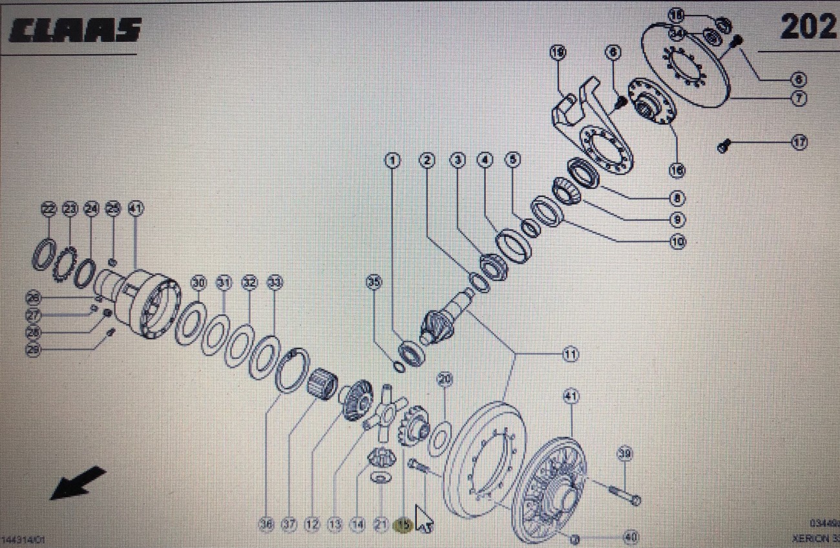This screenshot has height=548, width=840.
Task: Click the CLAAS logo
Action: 75,29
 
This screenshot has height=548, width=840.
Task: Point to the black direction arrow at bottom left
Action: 77,483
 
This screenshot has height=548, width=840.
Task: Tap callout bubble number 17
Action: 799,143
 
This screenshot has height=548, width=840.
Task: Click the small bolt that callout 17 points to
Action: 724,147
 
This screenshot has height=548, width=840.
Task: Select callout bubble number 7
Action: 799,98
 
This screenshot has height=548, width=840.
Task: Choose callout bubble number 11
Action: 570,354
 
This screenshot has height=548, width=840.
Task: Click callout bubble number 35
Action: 373,282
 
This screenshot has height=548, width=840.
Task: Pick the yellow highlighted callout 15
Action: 403,526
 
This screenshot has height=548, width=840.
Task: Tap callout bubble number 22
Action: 49,208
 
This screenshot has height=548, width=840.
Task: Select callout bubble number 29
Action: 34,350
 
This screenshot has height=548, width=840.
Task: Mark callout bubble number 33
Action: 275,283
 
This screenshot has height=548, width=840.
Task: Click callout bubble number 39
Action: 624,453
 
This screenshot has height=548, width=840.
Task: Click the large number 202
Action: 808,27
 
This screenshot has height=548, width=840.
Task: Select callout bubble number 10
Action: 677,242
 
